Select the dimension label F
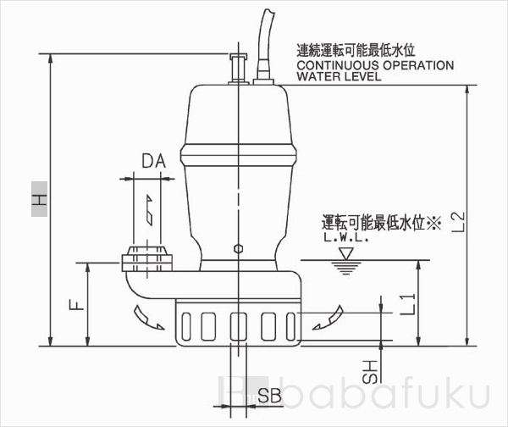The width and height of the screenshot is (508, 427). (75, 303)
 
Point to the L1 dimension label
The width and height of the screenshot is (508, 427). (406, 302)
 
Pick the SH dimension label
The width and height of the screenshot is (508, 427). (370, 370)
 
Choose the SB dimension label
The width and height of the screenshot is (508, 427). (269, 395)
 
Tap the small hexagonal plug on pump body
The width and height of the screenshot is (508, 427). (239, 249)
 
